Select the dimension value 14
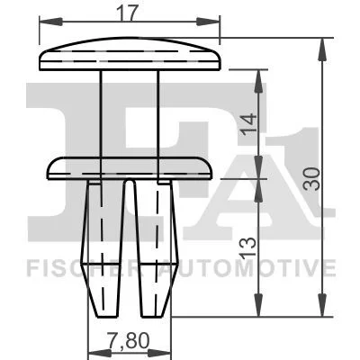click(248, 123)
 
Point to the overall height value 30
click(311, 179)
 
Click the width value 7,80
click(129, 341)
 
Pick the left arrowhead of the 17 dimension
click(50, 22)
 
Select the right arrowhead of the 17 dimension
click(209, 22)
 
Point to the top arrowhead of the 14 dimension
click(258, 81)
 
